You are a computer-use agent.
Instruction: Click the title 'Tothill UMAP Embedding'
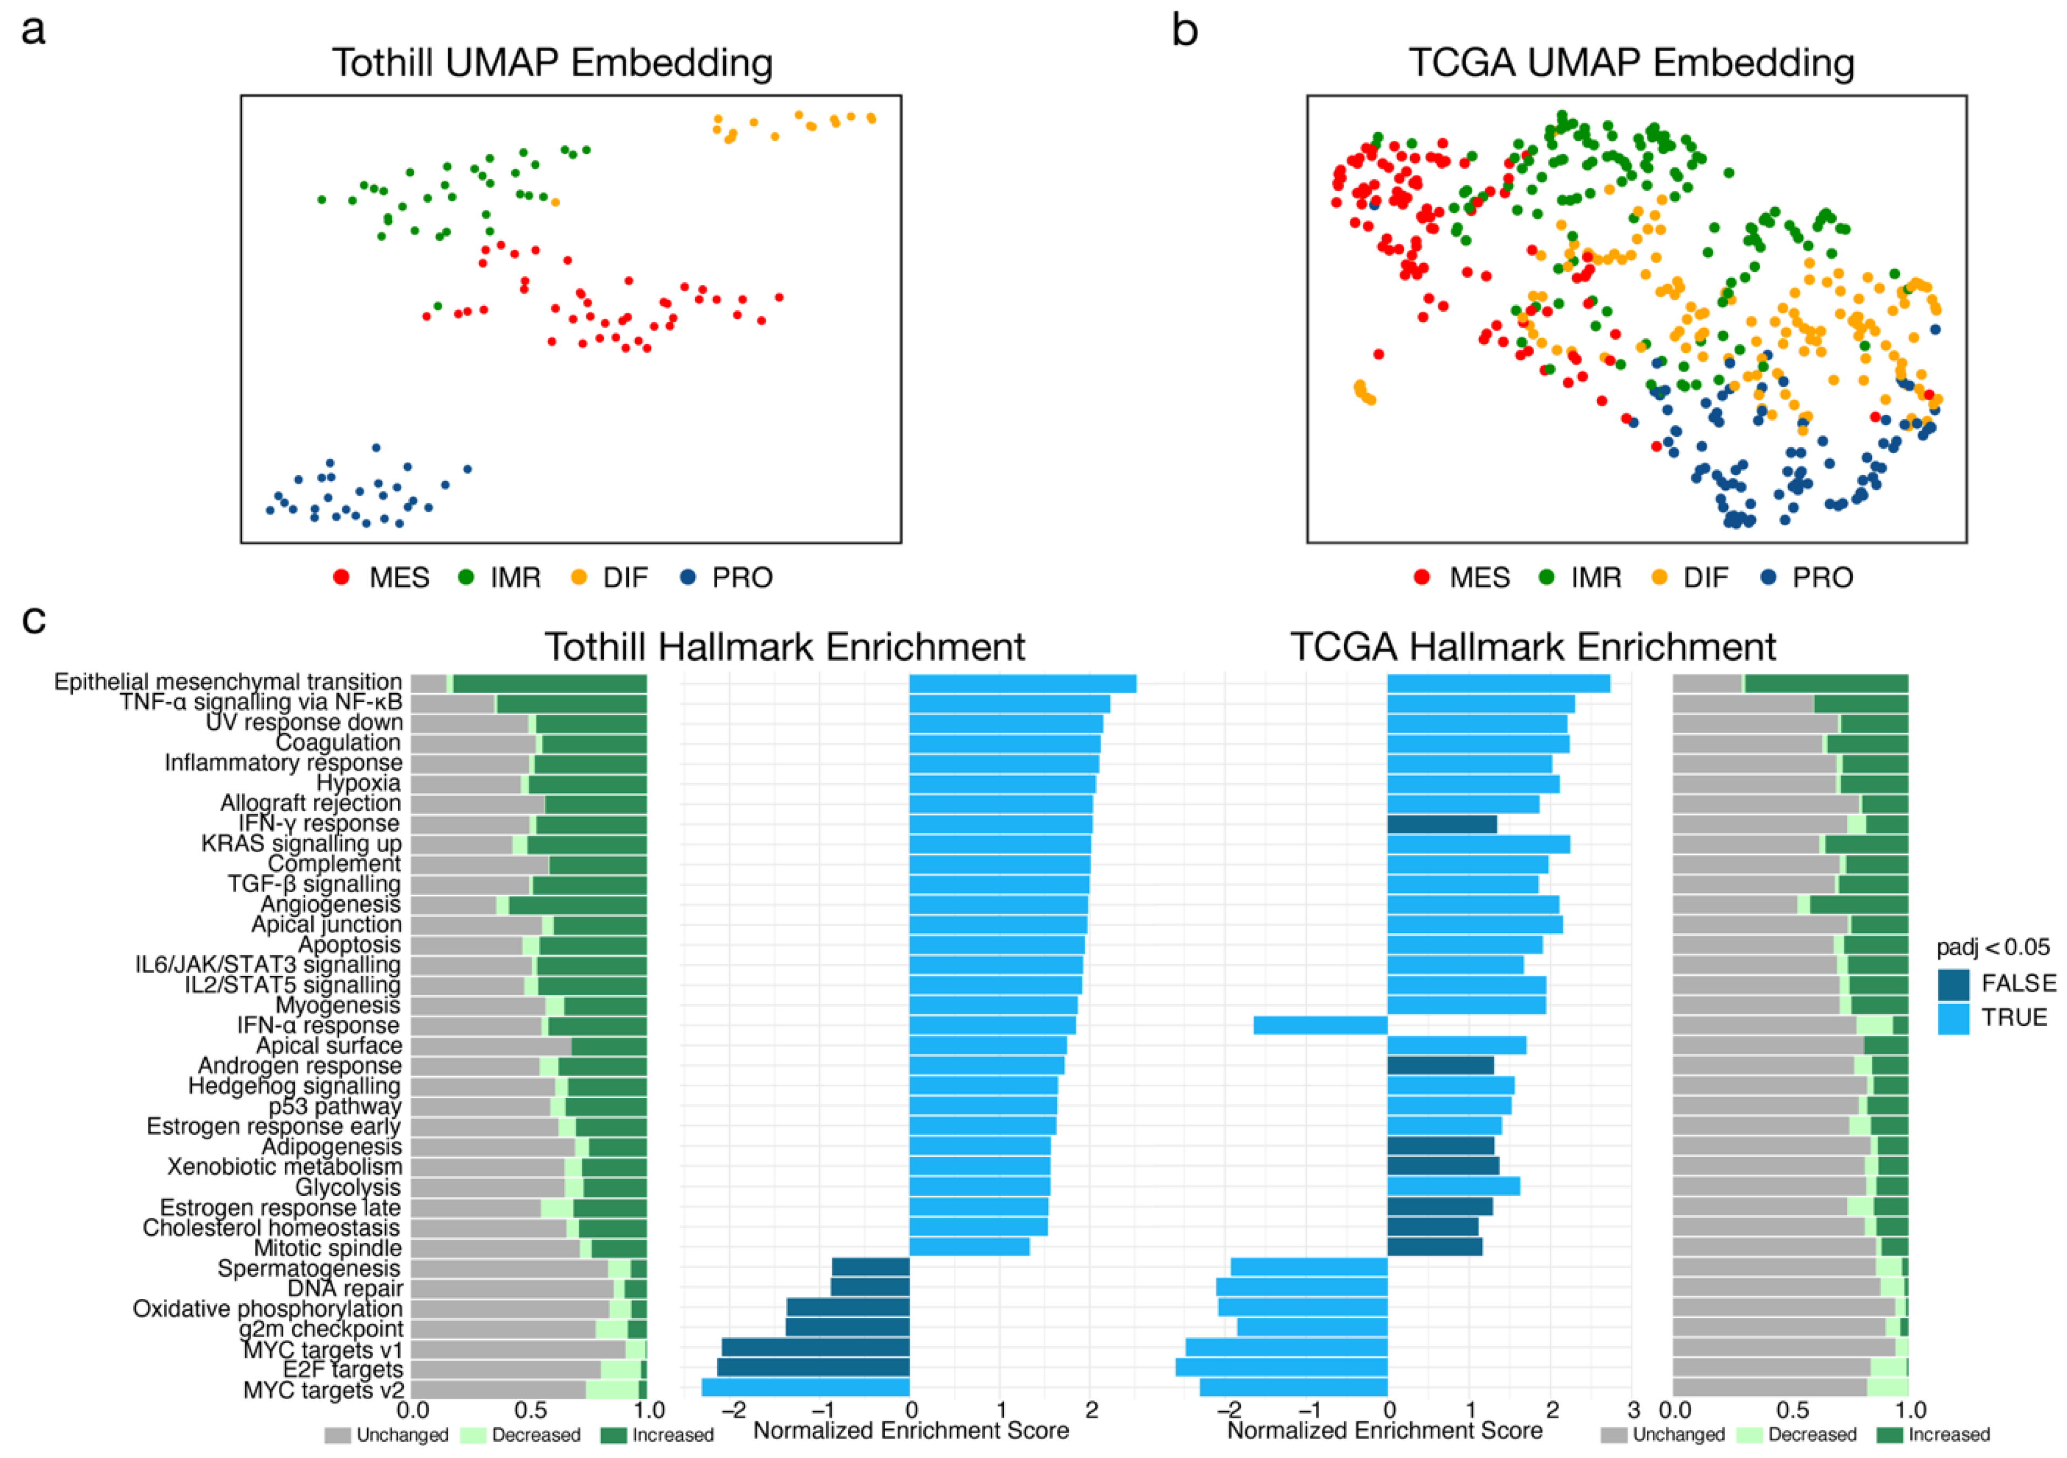pyautogui.click(x=552, y=63)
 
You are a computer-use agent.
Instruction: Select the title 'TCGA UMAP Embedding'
pyautogui.click(x=1631, y=63)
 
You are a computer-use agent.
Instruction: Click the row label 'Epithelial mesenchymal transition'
pyautogui.click(x=228, y=682)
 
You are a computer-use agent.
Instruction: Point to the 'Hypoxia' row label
pyautogui.click(x=358, y=783)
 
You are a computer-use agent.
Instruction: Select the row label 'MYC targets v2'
pyautogui.click(x=323, y=1389)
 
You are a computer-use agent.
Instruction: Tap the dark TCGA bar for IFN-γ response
pyautogui.click(x=1441, y=823)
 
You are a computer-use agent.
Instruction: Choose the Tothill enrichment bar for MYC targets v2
pyautogui.click(x=806, y=1387)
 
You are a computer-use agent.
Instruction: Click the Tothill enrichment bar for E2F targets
pyautogui.click(x=813, y=1367)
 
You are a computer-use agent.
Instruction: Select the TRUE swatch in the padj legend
pyautogui.click(x=1954, y=1018)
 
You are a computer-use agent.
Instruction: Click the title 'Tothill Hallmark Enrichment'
pyautogui.click(x=784, y=647)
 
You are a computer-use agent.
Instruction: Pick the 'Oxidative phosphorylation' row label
pyautogui.click(x=267, y=1309)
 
